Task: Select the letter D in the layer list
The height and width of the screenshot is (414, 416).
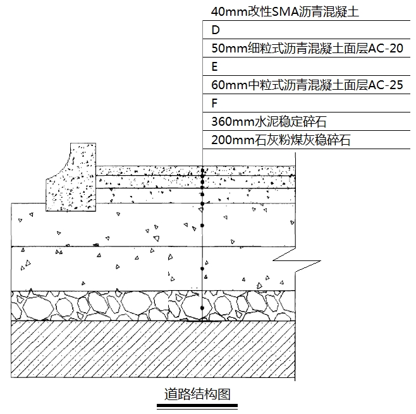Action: pyautogui.click(x=216, y=30)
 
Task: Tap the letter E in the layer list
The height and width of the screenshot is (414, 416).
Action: pyautogui.click(x=215, y=66)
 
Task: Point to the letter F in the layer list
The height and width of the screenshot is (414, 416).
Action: pyautogui.click(x=215, y=103)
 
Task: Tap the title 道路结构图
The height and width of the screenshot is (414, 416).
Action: pyautogui.click(x=197, y=394)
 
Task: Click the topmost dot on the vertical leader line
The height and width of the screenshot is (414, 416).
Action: pyautogui.click(x=202, y=171)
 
